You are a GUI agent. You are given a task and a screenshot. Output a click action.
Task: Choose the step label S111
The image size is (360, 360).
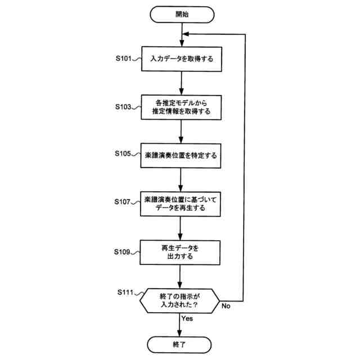click(x=128, y=292)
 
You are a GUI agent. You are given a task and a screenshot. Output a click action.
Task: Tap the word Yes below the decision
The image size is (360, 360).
click(x=188, y=318)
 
